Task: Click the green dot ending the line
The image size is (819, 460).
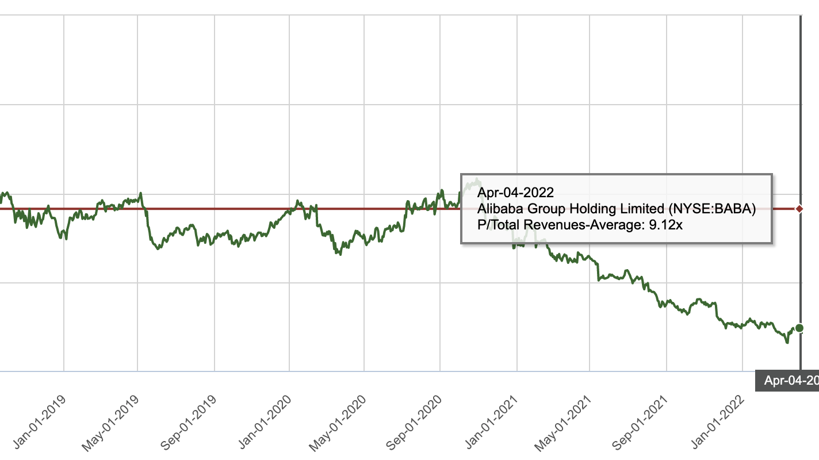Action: [x=799, y=328]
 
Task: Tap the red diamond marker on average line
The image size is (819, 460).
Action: [x=799, y=208]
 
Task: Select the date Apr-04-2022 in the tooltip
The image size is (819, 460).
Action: [x=515, y=192]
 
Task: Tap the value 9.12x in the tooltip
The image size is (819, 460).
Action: [x=665, y=225]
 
